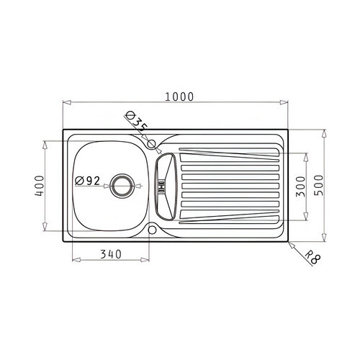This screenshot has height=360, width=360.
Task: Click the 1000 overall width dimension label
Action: click(179, 96)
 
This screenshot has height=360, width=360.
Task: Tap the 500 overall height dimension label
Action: click(319, 185)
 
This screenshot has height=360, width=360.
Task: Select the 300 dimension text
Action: click(300, 186)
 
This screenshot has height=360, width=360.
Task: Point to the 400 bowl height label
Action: click(40, 186)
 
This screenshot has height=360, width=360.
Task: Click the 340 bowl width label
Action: click(111, 254)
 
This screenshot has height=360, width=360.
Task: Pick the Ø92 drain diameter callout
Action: click(87, 181)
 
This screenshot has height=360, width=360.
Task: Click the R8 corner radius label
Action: click(313, 258)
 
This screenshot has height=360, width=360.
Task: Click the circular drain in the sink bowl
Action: click(122, 186)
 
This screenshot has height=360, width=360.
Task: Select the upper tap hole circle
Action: click(151, 144)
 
